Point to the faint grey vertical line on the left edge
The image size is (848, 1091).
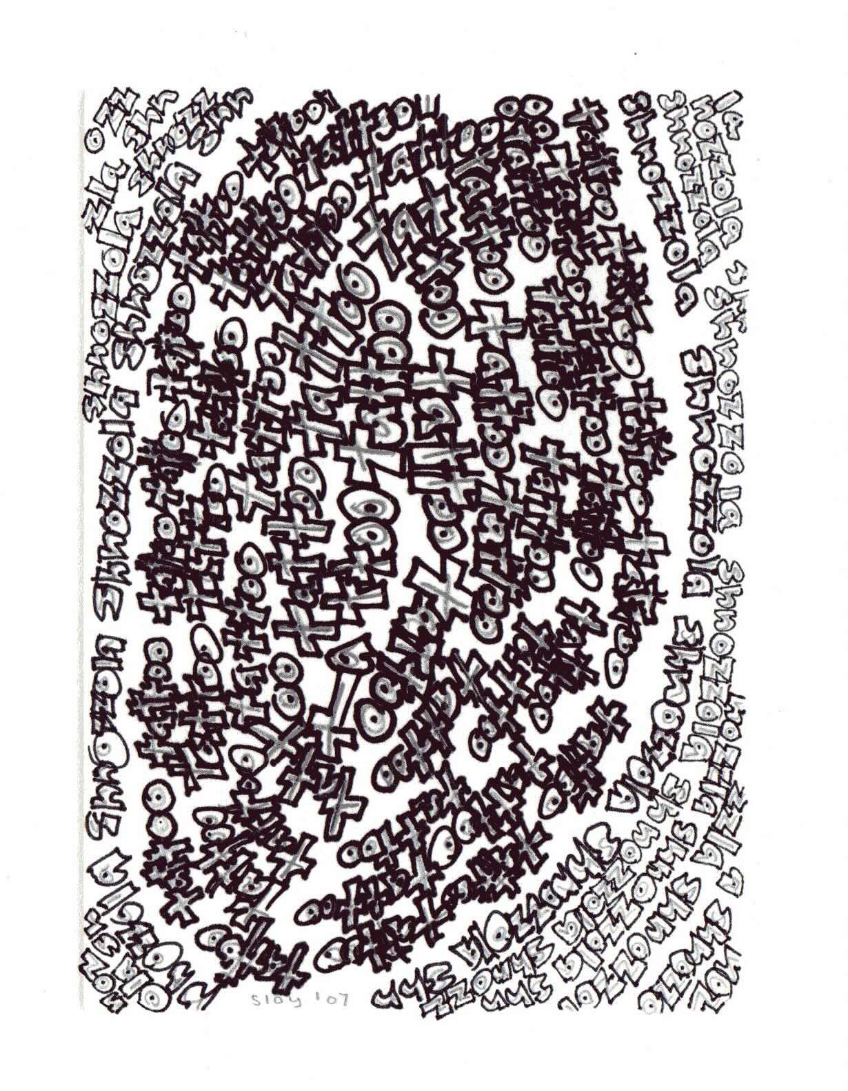pyautogui.click(x=84, y=552)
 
